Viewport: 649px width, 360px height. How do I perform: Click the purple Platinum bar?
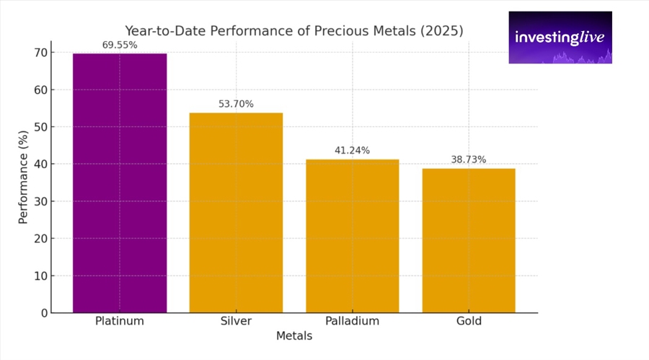click(x=120, y=183)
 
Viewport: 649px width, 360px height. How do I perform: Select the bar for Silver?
click(x=236, y=213)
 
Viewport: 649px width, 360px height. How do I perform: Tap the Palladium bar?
click(x=352, y=236)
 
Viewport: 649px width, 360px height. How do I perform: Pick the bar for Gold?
click(x=469, y=240)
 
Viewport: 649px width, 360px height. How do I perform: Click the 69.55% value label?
click(x=120, y=45)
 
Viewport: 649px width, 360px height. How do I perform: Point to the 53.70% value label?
click(x=236, y=104)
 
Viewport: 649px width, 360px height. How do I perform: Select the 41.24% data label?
click(x=352, y=150)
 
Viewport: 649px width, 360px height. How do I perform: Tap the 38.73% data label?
click(x=469, y=159)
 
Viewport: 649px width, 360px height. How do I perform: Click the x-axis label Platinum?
click(x=120, y=321)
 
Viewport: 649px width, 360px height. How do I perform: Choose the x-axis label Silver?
click(x=236, y=321)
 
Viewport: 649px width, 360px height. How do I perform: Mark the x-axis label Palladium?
click(x=352, y=321)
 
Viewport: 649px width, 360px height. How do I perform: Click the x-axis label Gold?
click(x=469, y=321)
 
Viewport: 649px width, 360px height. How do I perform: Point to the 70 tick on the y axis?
click(x=40, y=53)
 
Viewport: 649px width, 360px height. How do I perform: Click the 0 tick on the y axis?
click(x=43, y=313)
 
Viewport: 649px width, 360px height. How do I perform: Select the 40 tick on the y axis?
click(x=40, y=164)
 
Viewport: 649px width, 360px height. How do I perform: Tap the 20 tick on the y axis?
click(x=40, y=239)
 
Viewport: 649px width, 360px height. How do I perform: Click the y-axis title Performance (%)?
click(x=23, y=177)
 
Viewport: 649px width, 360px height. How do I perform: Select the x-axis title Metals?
click(x=294, y=336)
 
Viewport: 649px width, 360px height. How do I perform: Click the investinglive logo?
click(x=560, y=38)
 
